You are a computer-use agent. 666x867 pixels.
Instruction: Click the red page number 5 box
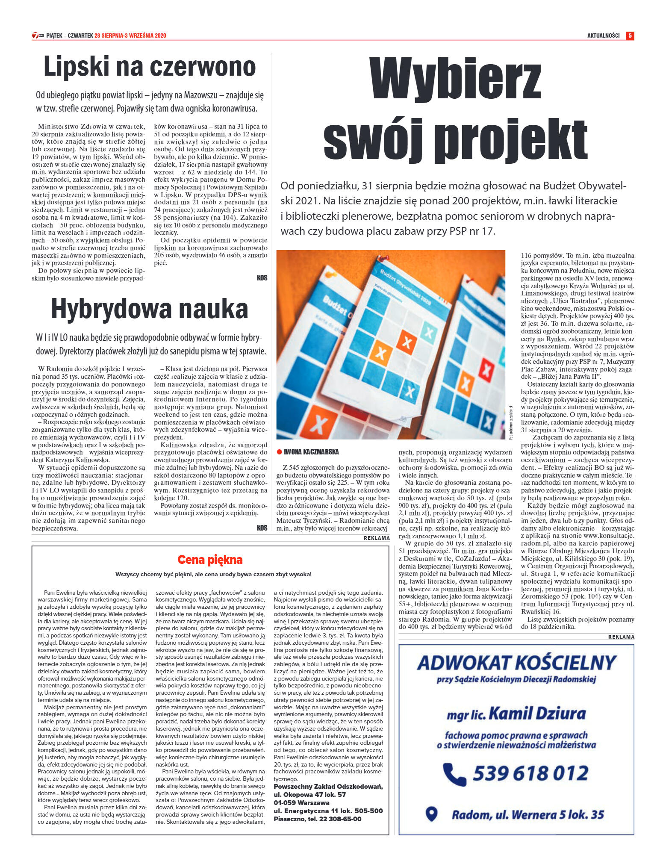(x=630, y=35)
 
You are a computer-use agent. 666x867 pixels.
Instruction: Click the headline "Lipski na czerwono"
(x=150, y=67)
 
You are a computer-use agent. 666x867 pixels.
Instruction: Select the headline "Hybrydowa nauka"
(x=150, y=309)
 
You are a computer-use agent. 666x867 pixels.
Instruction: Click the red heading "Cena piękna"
(x=210, y=560)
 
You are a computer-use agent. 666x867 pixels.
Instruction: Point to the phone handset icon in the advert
(x=454, y=773)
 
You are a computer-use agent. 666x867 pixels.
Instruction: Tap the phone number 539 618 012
(x=530, y=773)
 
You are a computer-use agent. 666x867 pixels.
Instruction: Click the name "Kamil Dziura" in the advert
(x=537, y=714)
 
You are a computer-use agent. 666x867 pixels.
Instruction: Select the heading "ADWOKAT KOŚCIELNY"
(x=516, y=663)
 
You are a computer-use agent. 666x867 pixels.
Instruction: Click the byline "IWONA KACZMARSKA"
(x=311, y=452)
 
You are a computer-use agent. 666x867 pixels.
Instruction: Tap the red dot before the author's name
(x=280, y=452)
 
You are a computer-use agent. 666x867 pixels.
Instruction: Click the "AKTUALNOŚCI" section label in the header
(x=603, y=35)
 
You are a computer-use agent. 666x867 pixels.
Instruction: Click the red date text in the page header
(x=130, y=35)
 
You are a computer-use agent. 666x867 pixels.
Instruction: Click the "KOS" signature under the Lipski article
(x=262, y=278)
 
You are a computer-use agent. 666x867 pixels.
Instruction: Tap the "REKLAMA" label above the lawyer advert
(x=621, y=637)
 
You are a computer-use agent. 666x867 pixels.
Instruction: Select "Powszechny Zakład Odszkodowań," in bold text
(x=328, y=787)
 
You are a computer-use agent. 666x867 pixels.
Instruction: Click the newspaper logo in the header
(x=38, y=35)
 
